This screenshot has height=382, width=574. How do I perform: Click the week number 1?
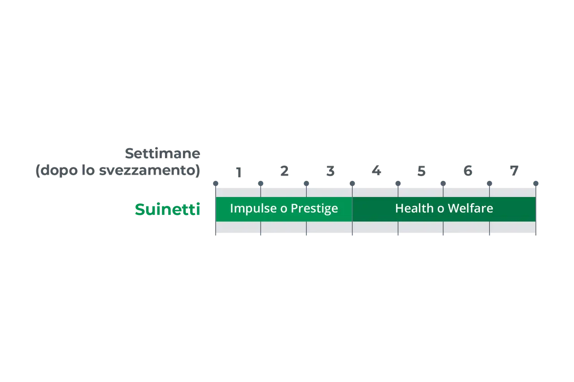[x=239, y=172]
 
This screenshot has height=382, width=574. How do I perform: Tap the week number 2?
[x=284, y=171]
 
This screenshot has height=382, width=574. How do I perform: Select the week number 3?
[x=330, y=171]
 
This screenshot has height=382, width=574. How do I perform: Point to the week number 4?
[x=376, y=171]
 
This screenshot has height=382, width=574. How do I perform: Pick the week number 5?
[x=422, y=171]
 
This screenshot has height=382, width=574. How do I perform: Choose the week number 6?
[x=468, y=171]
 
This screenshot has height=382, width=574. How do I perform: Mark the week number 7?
[x=514, y=171]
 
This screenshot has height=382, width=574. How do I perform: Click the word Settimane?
[x=162, y=154]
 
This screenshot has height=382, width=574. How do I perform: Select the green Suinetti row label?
[x=167, y=209]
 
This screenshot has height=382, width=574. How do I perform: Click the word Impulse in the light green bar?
[x=254, y=209]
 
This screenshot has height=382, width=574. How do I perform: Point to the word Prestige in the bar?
[x=314, y=209]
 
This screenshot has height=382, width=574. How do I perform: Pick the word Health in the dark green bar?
[x=414, y=208]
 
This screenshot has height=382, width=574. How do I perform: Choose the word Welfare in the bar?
[x=470, y=208]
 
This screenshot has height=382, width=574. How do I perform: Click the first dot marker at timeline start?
[x=216, y=184]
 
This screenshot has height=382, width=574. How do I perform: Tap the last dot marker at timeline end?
[x=536, y=184]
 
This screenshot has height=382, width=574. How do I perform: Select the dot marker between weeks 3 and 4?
[x=352, y=184]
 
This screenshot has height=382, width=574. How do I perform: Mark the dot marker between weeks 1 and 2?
[x=261, y=184]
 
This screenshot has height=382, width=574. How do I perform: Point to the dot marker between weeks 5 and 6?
[x=443, y=184]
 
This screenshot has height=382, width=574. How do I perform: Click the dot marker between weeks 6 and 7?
[x=489, y=184]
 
